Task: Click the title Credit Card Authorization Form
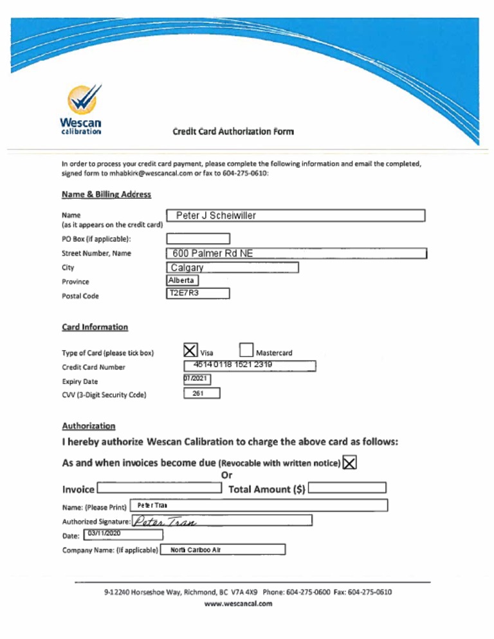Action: (x=233, y=131)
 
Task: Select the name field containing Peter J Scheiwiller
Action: (x=295, y=216)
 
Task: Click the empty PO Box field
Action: (x=197, y=239)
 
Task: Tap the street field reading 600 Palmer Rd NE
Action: (x=296, y=254)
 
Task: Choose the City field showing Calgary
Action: (x=232, y=268)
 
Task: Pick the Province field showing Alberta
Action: (x=182, y=281)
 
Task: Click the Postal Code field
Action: (x=197, y=294)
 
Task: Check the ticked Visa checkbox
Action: (x=190, y=351)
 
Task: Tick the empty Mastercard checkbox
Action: (x=246, y=351)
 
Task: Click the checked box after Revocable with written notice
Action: (x=351, y=463)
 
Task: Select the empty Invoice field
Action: (x=159, y=488)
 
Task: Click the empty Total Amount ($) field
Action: (x=347, y=488)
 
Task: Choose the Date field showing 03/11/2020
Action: (x=123, y=534)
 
